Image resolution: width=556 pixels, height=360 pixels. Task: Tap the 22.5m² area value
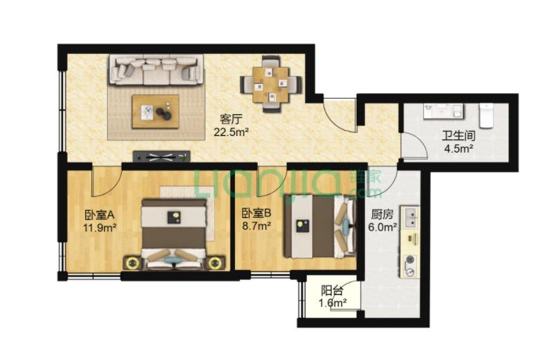pyautogui.click(x=231, y=132)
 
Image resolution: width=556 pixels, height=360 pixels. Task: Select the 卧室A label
pyautogui.click(x=99, y=215)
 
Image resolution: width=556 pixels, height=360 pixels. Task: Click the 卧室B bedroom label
pyautogui.click(x=257, y=213)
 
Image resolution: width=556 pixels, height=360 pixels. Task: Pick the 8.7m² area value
pyautogui.click(x=257, y=226)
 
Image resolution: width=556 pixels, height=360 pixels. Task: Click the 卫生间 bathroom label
pyautogui.click(x=458, y=135)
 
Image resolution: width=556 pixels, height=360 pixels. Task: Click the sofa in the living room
pyautogui.click(x=156, y=70)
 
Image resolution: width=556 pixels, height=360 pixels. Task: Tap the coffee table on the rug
pyautogui.click(x=156, y=111)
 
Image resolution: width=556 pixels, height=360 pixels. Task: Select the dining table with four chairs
pyautogui.click(x=271, y=84)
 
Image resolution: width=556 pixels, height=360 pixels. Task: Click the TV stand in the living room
pyautogui.click(x=161, y=157)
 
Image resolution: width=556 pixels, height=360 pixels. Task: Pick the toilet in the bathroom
pyautogui.click(x=485, y=115)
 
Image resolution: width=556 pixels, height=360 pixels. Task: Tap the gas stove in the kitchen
pyautogui.click(x=411, y=265)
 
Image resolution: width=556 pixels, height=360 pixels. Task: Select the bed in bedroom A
pyautogui.click(x=174, y=234)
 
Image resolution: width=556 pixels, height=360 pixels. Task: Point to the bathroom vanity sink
pyautogui.click(x=443, y=111)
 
